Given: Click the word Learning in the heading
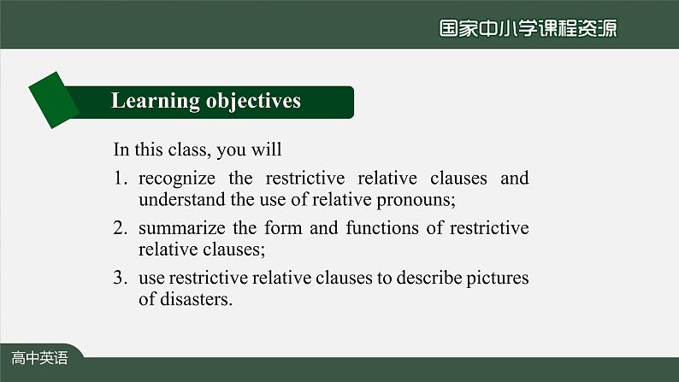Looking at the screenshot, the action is pos(156,101).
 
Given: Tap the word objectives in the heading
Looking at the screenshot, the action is pos(253,101).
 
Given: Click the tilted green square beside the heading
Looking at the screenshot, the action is pos(54,100).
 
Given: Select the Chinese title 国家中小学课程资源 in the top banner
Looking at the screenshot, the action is pos(528,28).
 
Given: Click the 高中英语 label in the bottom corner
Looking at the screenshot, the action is pos(39,358).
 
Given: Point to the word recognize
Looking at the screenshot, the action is pos(177,179).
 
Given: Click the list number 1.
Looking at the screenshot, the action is pos(120,178).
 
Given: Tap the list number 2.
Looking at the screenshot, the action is pos(120,227).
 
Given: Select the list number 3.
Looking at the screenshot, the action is pos(120,277).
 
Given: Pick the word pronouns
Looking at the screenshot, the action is pos(416,201).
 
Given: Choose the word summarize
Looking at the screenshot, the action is pos(182,228).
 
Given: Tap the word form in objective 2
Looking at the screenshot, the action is pos(283,227).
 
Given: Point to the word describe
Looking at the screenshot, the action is pos(429,277).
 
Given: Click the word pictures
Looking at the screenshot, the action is pos(498,279).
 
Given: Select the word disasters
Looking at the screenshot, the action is pos(196,299).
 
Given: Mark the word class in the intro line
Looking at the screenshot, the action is pos(189,150).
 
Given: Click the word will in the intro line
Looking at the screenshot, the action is pos(266,150).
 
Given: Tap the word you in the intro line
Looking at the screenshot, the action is pos(231,151).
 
